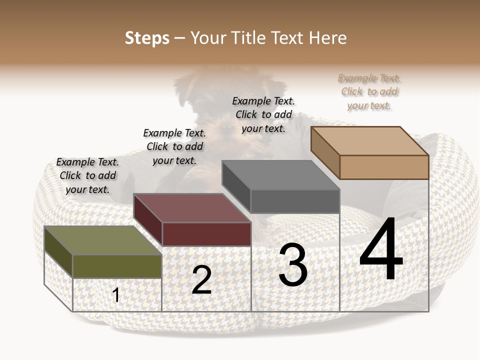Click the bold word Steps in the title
click(x=147, y=38)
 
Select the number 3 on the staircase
click(x=293, y=265)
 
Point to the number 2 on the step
click(x=201, y=280)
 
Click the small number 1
click(x=116, y=295)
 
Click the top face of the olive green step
click(x=103, y=240)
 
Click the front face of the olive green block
click(x=117, y=266)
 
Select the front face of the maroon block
click(x=206, y=234)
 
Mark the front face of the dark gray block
click(x=295, y=201)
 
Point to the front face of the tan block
click(x=384, y=167)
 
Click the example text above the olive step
click(x=87, y=175)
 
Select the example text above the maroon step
click(x=174, y=146)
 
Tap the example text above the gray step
click(x=263, y=114)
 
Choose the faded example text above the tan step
click(x=369, y=91)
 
